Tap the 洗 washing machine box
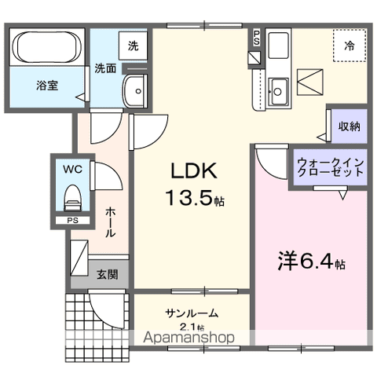click(133, 46)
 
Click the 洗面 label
click(105, 68)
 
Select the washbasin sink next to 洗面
click(137, 91)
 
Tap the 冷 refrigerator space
click(348, 46)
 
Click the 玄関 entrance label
click(107, 274)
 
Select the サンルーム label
click(191, 314)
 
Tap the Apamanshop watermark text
click(190, 339)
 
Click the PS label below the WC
click(72, 221)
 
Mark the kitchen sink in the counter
click(278, 89)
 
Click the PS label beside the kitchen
click(257, 37)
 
